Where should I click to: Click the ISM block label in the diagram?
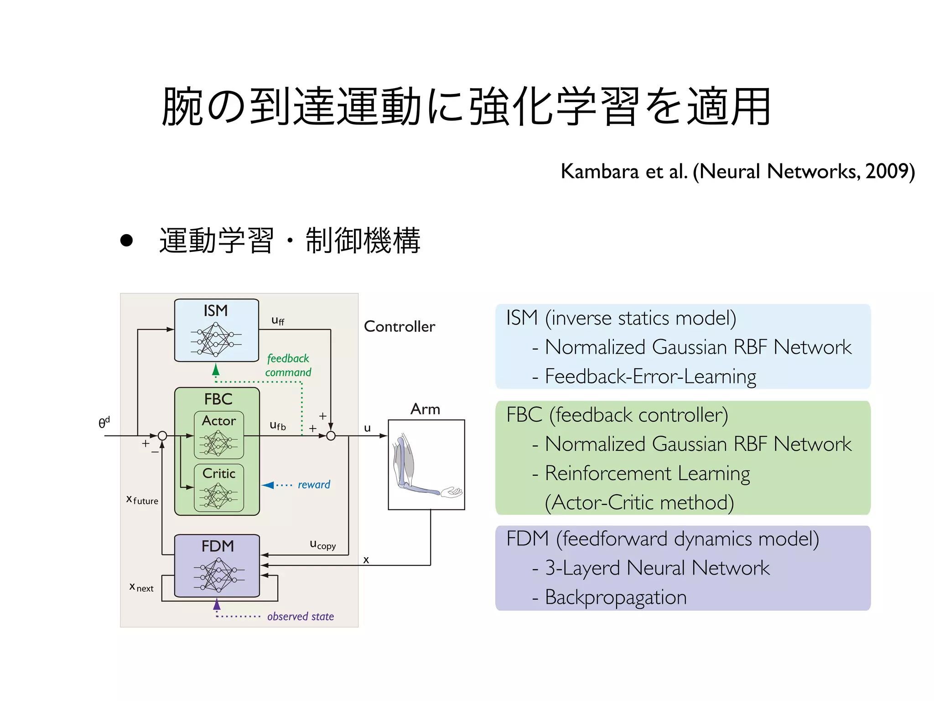coord(216,311)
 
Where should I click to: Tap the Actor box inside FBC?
coord(219,434)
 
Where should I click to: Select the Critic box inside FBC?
coord(219,487)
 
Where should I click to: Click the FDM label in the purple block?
coord(218,546)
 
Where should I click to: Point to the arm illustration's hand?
coord(452,492)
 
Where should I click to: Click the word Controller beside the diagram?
coord(400,327)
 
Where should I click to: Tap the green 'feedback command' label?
coord(288,366)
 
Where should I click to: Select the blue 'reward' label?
coord(314,485)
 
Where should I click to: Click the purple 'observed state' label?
coord(300,617)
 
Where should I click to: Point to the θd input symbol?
coord(104,423)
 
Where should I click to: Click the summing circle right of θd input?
coord(162,436)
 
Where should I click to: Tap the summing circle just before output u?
coord(331,436)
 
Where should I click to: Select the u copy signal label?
coord(322,544)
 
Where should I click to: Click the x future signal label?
coord(142,500)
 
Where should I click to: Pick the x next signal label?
coord(141,588)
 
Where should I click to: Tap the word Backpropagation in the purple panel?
coord(616,597)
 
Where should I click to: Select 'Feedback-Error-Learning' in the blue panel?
coord(650,377)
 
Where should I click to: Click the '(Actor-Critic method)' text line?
coord(639,502)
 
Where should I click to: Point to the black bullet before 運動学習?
coord(126,241)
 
